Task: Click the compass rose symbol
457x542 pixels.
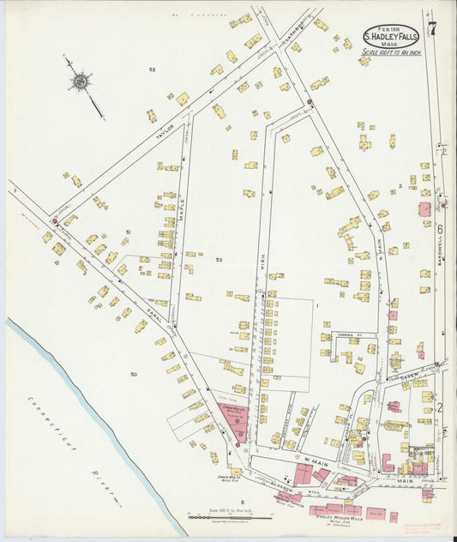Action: coord(81,81)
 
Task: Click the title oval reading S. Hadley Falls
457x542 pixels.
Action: coord(392,37)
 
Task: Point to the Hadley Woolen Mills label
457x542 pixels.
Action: coord(340,518)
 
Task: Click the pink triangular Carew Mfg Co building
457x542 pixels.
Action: coord(234,419)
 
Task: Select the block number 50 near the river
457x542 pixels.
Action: coord(133,375)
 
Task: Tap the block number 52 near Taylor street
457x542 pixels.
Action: coord(152,69)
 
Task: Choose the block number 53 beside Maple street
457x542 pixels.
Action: coord(219,259)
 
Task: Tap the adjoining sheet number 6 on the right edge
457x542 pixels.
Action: coord(438,229)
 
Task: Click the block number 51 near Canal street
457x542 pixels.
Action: coord(128,233)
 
